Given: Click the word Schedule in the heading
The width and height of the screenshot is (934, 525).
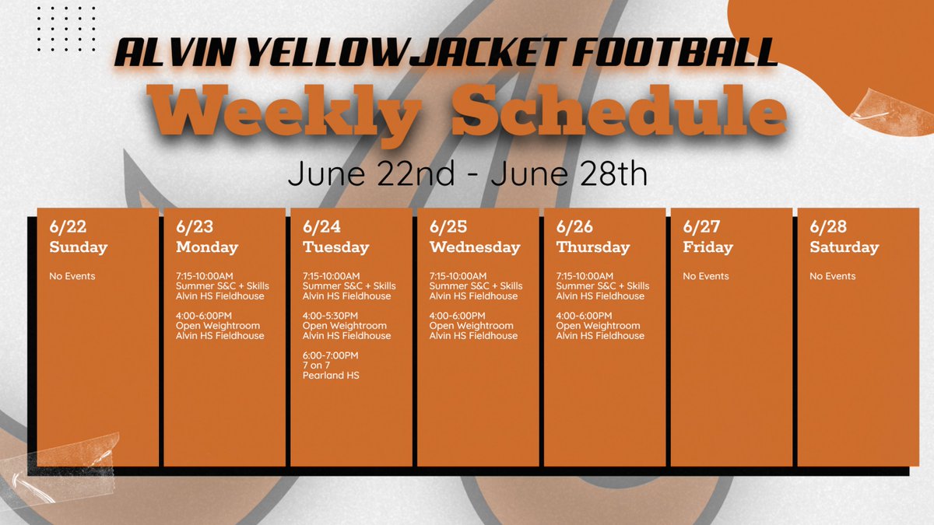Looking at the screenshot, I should pyautogui.click(x=619, y=112).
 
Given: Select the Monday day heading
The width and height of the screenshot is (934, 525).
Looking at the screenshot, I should pyautogui.click(x=207, y=247).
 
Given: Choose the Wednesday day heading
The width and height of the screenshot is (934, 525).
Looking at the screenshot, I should pyautogui.click(x=475, y=247).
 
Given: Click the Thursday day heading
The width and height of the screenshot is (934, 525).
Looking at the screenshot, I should pyautogui.click(x=593, y=247).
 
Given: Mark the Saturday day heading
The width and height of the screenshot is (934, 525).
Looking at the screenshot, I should pyautogui.click(x=844, y=247).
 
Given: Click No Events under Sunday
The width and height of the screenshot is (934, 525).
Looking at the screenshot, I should pyautogui.click(x=73, y=276).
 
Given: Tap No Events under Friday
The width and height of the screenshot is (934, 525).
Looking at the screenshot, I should pyautogui.click(x=706, y=276).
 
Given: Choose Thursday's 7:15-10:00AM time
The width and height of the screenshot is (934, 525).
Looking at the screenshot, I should pyautogui.click(x=585, y=276).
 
